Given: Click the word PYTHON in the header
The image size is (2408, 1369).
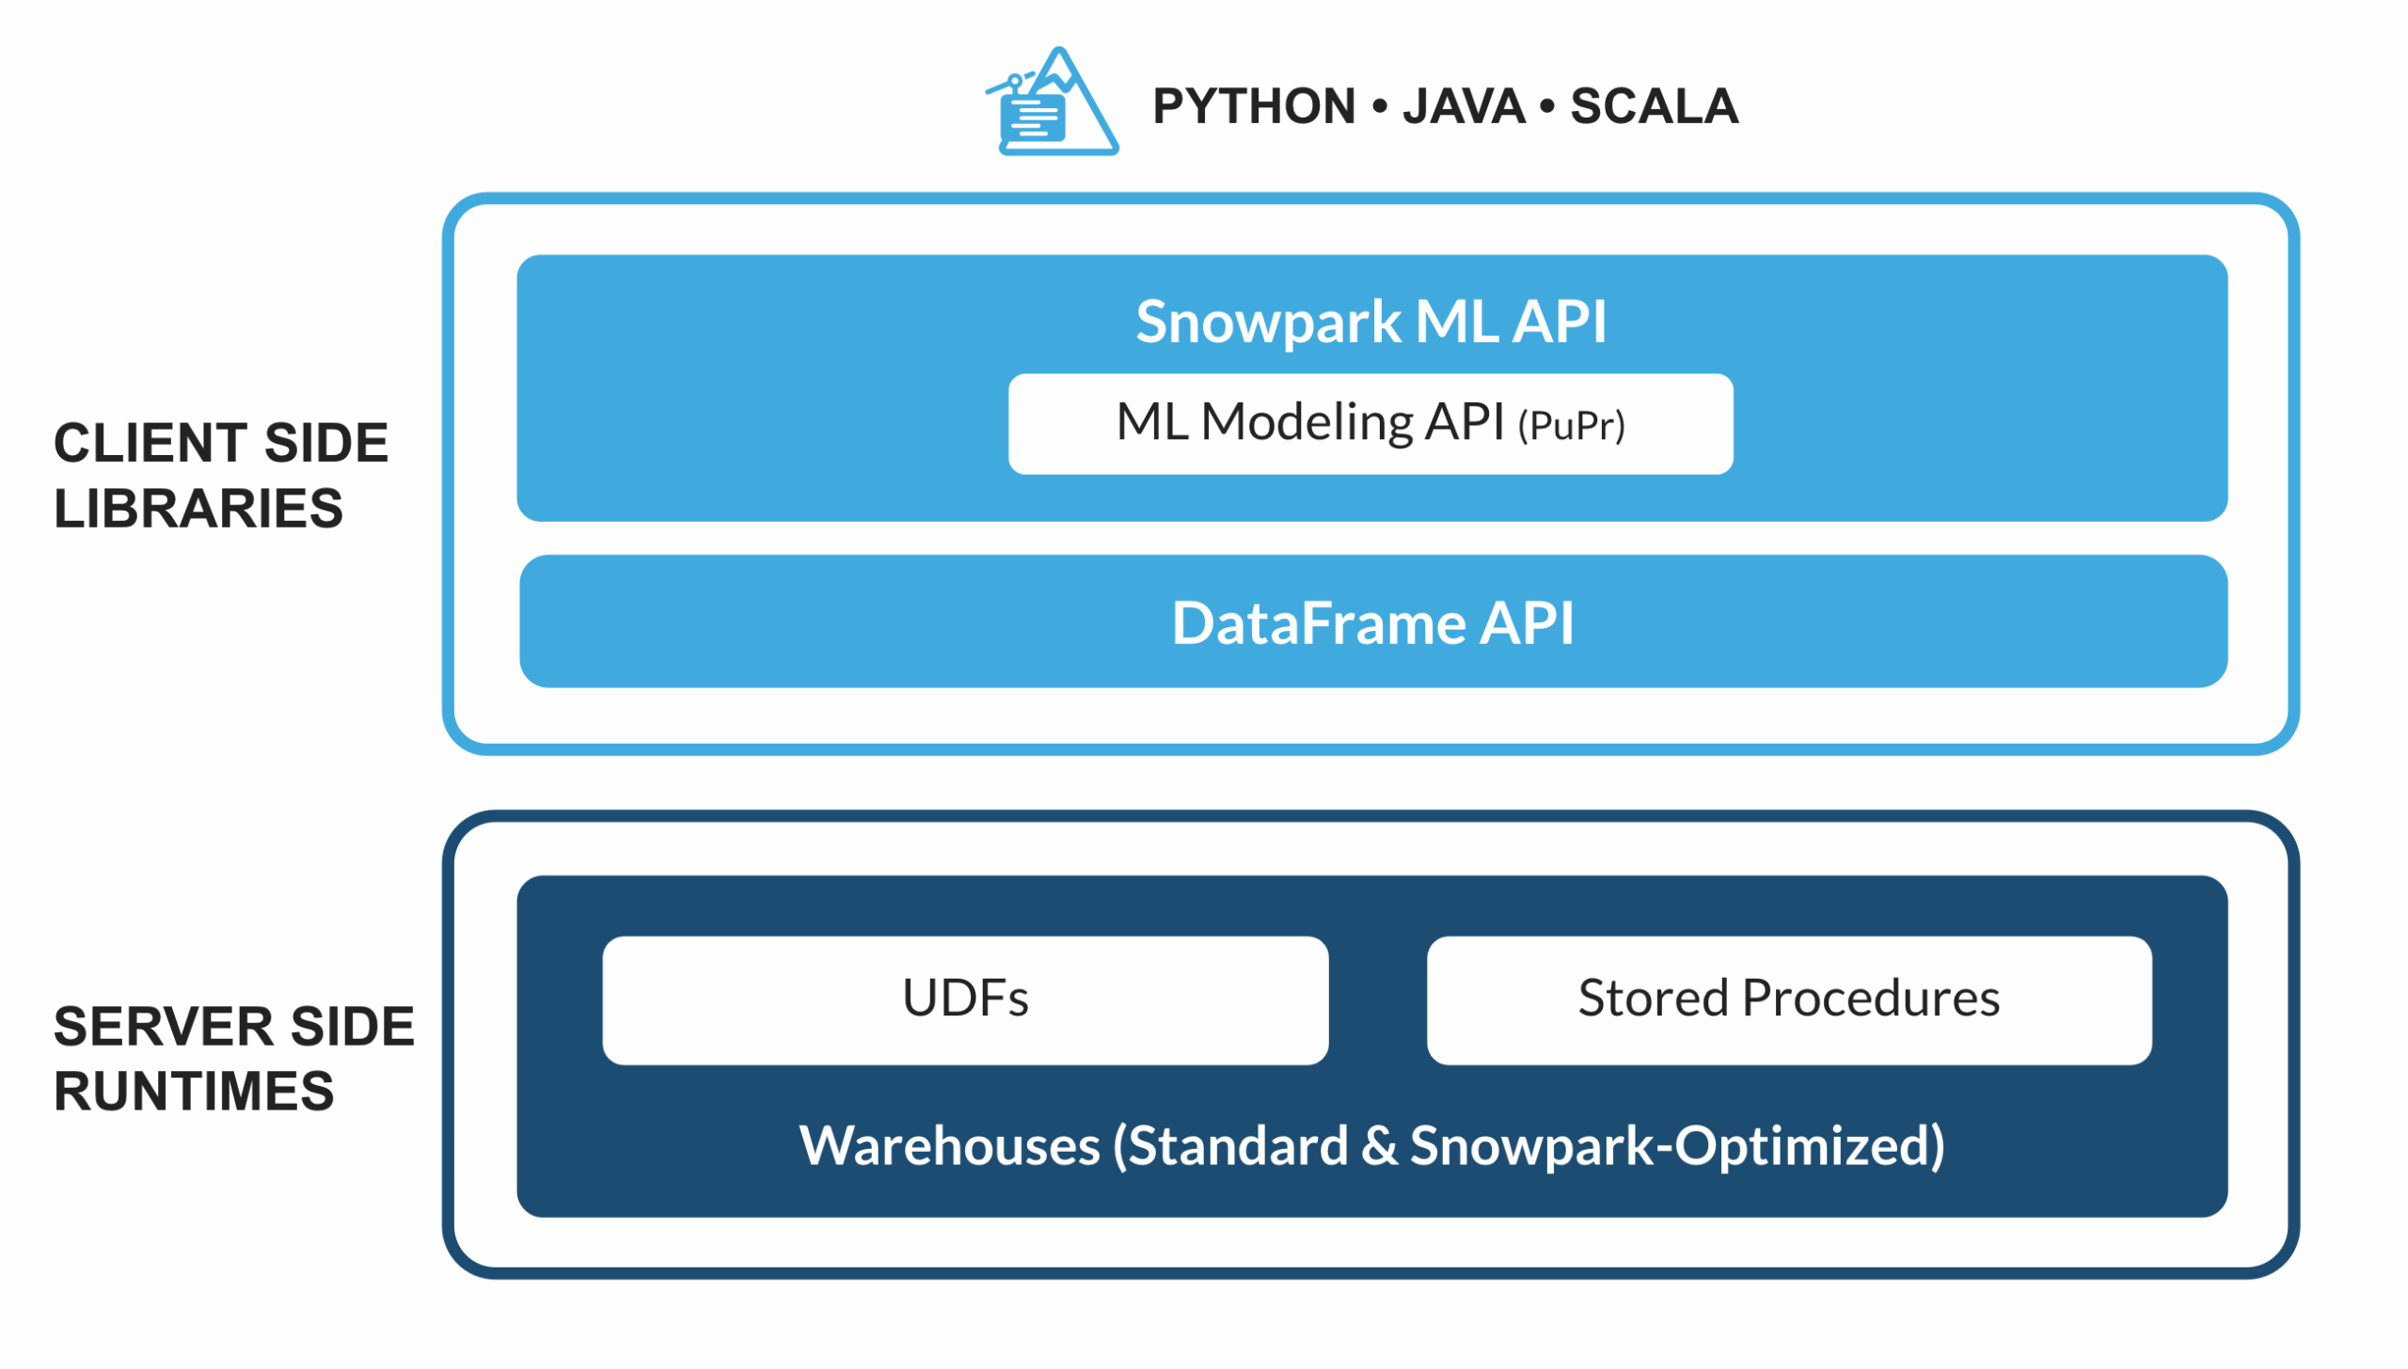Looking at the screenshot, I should click(1253, 106).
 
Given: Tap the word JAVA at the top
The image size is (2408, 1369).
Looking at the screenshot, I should click(1464, 106).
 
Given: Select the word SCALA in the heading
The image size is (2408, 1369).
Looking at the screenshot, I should click(1654, 106).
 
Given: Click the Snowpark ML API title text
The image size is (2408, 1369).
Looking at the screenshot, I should click(1370, 323).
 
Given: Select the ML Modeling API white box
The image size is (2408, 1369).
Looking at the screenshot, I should click(1370, 424).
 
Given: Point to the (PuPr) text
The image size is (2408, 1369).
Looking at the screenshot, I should click(1571, 427).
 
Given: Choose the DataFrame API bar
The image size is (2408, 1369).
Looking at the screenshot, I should click(1372, 622).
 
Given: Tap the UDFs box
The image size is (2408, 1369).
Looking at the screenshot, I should click(965, 999).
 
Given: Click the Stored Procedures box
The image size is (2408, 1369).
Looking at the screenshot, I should click(1788, 999).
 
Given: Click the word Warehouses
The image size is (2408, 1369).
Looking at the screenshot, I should click(949, 1146).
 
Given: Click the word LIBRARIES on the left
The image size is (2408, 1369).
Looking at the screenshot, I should click(198, 509).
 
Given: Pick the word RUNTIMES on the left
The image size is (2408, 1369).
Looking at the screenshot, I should click(194, 1092).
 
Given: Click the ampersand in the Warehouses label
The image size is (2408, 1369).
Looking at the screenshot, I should click(1379, 1147).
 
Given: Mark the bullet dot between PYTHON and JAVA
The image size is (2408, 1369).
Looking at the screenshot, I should click(1379, 106).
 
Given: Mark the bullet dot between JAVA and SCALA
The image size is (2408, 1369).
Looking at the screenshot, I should click(1546, 106).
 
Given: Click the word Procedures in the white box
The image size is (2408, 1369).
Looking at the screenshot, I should click(1870, 999).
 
